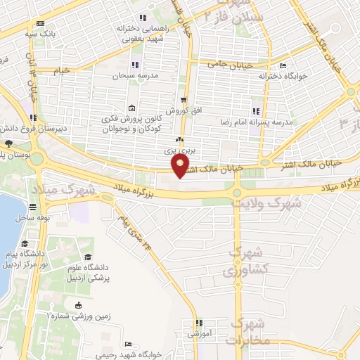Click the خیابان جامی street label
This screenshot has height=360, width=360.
tap(229, 63)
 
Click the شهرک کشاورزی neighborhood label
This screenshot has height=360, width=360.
tap(245, 262)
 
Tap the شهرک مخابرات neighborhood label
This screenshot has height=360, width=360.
tap(247, 330)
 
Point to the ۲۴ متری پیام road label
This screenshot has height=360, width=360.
tap(134, 233)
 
